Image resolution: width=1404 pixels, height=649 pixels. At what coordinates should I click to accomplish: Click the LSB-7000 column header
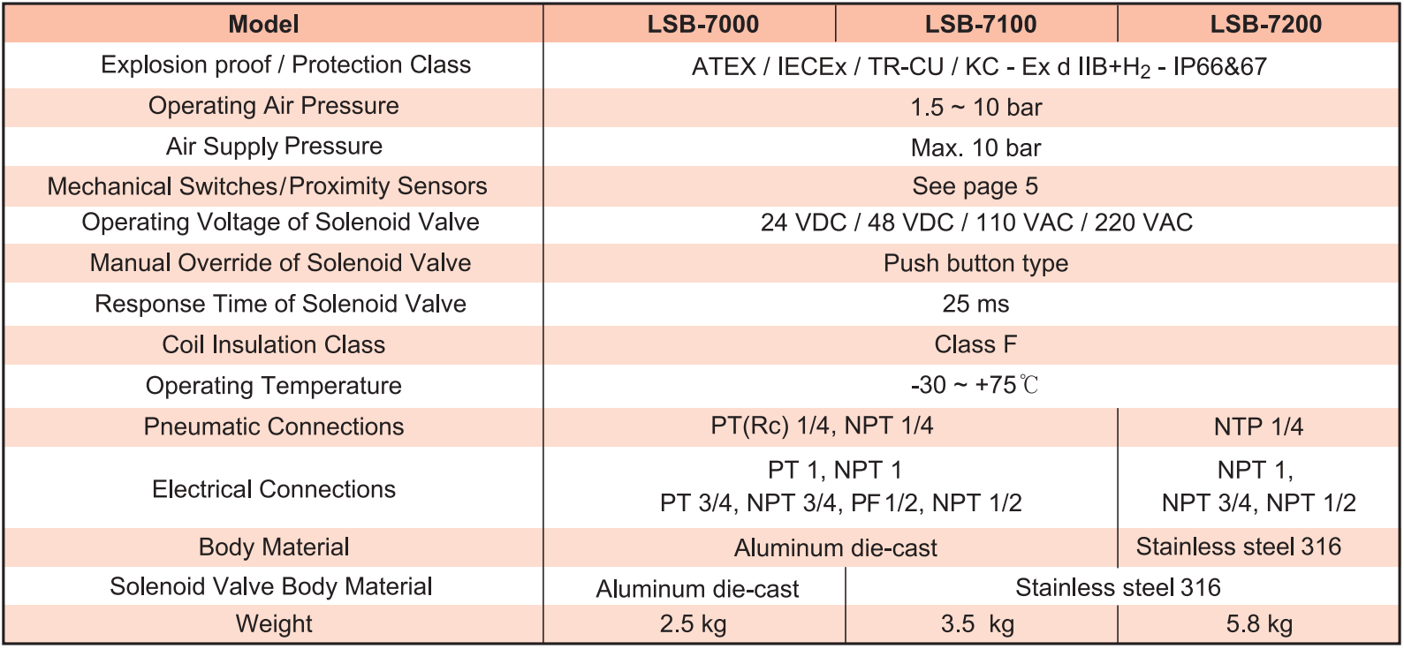[702, 24]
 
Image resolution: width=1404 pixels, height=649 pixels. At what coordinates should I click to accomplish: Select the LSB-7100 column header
[981, 24]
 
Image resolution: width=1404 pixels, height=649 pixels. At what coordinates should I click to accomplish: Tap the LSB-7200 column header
[1265, 24]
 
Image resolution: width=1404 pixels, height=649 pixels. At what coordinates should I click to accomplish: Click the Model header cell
[263, 24]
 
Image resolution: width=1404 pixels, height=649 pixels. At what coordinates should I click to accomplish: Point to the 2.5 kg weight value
[693, 624]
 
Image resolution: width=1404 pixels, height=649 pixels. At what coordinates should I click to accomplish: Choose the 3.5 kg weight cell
[977, 624]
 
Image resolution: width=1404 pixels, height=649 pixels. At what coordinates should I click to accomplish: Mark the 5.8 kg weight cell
[1259, 624]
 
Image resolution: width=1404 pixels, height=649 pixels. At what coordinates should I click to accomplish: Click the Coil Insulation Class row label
[273, 344]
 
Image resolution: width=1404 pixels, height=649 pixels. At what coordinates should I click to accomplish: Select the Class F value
[975, 344]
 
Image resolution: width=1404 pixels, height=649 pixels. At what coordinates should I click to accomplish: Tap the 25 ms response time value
[975, 304]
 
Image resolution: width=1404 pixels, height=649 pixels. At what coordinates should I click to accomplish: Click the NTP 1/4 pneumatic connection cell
[1258, 426]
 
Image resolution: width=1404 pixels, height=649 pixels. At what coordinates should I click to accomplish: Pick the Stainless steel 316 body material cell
[1238, 547]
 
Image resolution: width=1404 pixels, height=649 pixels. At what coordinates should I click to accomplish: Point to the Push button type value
[975, 263]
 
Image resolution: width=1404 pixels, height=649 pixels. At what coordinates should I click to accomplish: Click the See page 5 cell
[975, 186]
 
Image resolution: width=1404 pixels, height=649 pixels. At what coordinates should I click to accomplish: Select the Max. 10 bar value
[975, 147]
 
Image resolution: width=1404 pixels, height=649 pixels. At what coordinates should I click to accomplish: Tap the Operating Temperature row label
[273, 385]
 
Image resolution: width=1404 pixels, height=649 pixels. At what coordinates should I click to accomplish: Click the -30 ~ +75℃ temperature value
[975, 385]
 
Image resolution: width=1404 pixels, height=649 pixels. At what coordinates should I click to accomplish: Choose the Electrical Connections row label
[273, 488]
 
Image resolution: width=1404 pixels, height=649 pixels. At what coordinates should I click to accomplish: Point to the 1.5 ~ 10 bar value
[975, 107]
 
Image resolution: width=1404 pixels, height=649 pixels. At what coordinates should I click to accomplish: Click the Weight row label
[273, 624]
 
